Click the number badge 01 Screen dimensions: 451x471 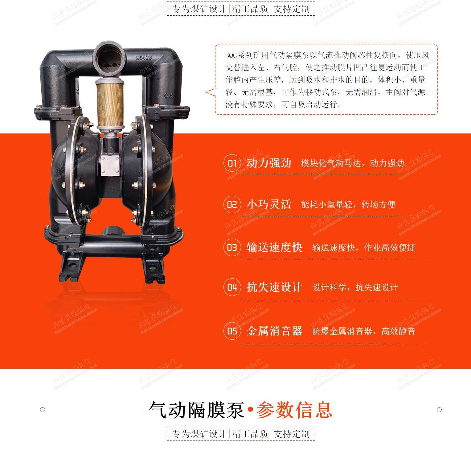[232, 163]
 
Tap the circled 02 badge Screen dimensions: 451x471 [232, 204]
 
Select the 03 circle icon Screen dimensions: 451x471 [232, 247]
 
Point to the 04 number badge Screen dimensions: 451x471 [232, 287]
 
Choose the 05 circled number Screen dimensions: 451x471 [232, 331]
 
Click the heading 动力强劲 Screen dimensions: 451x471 [269, 163]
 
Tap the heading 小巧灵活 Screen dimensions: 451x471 [269, 204]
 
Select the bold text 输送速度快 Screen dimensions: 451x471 [274, 247]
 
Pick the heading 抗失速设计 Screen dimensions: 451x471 [274, 287]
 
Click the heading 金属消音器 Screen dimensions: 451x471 [274, 331]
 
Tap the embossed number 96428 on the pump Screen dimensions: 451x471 [144, 57]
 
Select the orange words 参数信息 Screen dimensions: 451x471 [294, 410]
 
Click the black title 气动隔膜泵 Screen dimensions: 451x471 [197, 410]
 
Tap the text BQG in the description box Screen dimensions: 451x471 [231, 55]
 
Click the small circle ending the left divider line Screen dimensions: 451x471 [43, 410]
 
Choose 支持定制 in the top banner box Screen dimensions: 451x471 [292, 9]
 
